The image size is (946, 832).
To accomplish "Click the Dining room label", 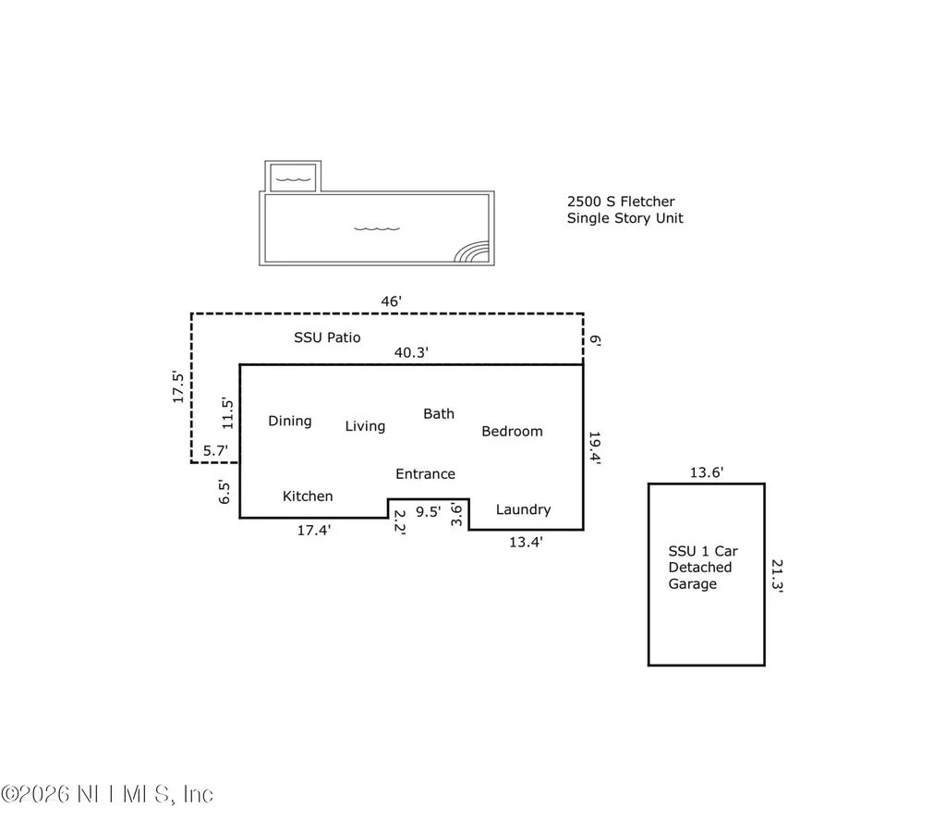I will pyautogui.click(x=290, y=422).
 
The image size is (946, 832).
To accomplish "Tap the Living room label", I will pyautogui.click(x=365, y=426).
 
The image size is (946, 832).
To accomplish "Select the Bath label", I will pyautogui.click(x=439, y=414).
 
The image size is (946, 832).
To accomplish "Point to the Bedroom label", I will pyautogui.click(x=512, y=432).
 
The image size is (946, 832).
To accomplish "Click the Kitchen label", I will pyautogui.click(x=308, y=496).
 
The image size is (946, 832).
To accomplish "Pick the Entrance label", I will pyautogui.click(x=425, y=474).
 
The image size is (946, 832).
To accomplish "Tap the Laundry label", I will pyautogui.click(x=523, y=509).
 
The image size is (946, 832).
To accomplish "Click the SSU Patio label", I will pyautogui.click(x=327, y=337).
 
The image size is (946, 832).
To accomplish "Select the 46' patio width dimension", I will pyautogui.click(x=392, y=300).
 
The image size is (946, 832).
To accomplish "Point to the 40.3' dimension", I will pyautogui.click(x=411, y=352).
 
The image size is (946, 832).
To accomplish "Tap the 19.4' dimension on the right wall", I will pyautogui.click(x=596, y=448).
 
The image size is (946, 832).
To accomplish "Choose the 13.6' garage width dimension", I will pyautogui.click(x=707, y=472).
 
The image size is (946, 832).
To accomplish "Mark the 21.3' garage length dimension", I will pyautogui.click(x=777, y=574).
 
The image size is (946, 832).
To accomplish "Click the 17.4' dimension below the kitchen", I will pyautogui.click(x=314, y=531).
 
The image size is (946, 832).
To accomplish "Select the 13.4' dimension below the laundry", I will pyautogui.click(x=526, y=543).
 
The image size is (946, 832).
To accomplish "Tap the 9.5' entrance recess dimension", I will pyautogui.click(x=428, y=510).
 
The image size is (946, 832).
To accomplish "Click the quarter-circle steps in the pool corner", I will pyautogui.click(x=473, y=252).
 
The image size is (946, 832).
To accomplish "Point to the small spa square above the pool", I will pyautogui.click(x=294, y=177).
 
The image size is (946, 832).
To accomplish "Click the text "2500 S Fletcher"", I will pyautogui.click(x=620, y=201).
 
